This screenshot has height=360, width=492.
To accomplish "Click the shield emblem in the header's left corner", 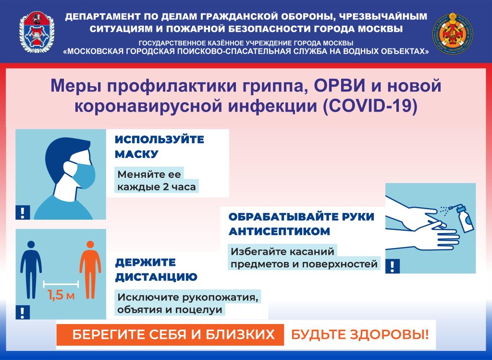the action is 37,32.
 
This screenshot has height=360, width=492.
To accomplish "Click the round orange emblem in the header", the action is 454,34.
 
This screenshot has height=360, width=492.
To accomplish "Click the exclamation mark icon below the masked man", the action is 23,212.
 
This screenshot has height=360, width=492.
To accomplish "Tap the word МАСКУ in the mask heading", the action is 136,154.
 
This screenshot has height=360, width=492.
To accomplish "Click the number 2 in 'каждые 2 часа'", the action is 166,187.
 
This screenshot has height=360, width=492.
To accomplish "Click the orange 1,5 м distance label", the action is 61,295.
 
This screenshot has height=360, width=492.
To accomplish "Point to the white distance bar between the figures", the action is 61,284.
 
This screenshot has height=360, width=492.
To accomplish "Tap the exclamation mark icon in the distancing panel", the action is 23,312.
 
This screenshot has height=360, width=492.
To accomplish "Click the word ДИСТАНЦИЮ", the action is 156,277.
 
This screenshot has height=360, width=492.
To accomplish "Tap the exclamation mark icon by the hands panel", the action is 392,266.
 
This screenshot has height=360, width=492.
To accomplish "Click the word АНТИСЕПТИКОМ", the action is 279,231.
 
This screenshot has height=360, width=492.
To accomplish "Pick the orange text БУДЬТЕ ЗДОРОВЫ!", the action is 360,335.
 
